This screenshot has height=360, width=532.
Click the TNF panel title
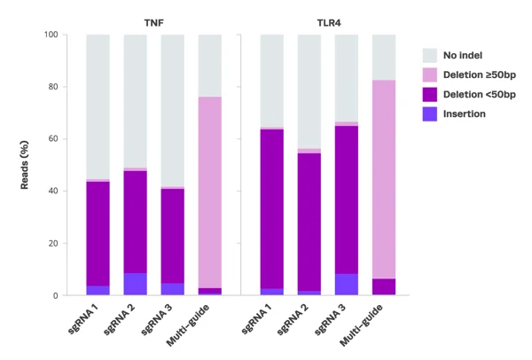153,20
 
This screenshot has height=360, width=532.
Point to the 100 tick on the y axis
50,35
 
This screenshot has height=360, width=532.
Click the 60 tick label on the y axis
52,139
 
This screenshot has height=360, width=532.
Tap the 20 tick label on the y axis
52,243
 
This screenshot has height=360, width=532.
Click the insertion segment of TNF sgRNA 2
135,284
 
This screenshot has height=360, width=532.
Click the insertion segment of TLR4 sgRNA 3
346,284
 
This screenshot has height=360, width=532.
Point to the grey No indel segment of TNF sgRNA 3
172,111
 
